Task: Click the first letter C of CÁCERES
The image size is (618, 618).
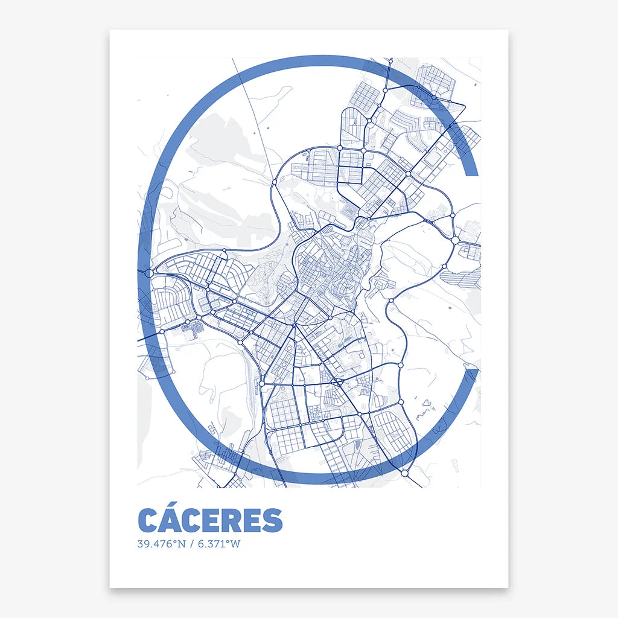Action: tap(148, 521)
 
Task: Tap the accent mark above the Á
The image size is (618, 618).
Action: tap(172, 505)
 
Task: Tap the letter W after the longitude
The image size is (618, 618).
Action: tap(235, 544)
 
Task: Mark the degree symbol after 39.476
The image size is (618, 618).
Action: tap(175, 541)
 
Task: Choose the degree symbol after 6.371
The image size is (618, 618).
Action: tap(228, 541)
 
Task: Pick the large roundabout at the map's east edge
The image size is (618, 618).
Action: tap(455, 240)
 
